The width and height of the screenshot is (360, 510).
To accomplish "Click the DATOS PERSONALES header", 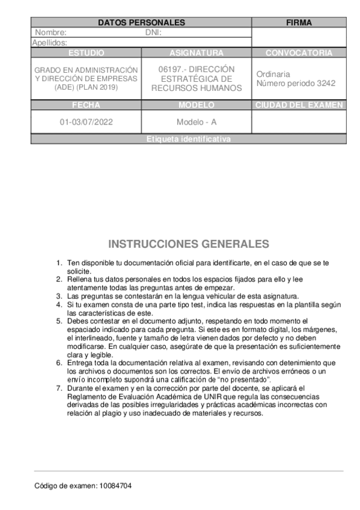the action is pyautogui.click(x=141, y=23).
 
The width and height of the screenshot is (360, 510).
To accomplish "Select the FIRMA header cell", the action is pyautogui.click(x=299, y=23).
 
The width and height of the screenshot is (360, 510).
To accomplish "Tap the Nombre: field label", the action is pyautogui.click(x=51, y=32).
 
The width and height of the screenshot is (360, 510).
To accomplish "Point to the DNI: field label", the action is pyautogui.click(x=154, y=32).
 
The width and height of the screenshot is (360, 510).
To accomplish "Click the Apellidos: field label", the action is pyautogui.click(x=49, y=43).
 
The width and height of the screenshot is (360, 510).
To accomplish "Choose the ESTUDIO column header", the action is pyautogui.click(x=86, y=53).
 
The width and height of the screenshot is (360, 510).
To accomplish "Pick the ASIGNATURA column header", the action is pyautogui.click(x=197, y=53).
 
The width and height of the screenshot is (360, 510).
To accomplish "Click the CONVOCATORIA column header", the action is pyautogui.click(x=299, y=53).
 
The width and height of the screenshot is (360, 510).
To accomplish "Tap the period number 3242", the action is pyautogui.click(x=326, y=84).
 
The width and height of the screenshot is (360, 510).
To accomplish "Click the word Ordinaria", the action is pyautogui.click(x=273, y=74).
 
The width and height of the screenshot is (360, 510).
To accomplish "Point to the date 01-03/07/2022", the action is pyautogui.click(x=86, y=122).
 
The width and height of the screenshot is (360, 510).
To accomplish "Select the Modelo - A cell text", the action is pyautogui.click(x=197, y=122).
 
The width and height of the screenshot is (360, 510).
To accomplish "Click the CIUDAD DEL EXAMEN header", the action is pyautogui.click(x=299, y=105).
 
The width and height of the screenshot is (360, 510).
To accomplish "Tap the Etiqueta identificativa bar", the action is pyautogui.click(x=188, y=140).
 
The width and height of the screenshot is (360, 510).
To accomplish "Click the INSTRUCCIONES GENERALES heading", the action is pyautogui.click(x=188, y=244).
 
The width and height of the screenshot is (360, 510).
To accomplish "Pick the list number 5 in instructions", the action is pyautogui.click(x=59, y=321).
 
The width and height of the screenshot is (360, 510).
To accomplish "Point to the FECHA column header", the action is pyautogui.click(x=86, y=105).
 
